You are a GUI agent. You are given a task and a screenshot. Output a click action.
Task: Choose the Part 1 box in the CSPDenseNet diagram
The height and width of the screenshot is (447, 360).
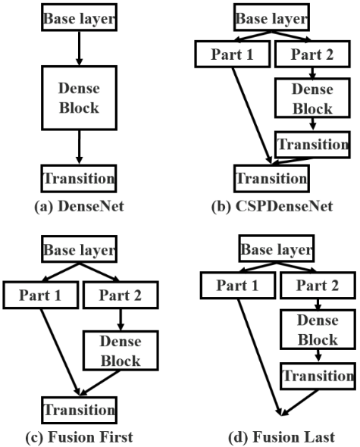coord(230,55)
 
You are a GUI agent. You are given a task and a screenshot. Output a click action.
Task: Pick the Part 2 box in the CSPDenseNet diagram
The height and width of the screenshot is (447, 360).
coord(311,55)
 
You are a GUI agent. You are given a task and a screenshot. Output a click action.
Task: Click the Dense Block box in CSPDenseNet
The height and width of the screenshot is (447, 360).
coord(311,98)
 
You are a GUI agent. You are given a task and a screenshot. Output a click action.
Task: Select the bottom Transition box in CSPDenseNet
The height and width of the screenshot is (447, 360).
coord(271,179)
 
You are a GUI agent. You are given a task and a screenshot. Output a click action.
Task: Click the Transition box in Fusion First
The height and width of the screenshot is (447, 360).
coord(80,410)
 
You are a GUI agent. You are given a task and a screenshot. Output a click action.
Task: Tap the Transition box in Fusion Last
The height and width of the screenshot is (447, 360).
coord(318,375)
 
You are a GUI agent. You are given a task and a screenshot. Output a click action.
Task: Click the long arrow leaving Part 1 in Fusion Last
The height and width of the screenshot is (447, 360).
coord(259,356)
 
